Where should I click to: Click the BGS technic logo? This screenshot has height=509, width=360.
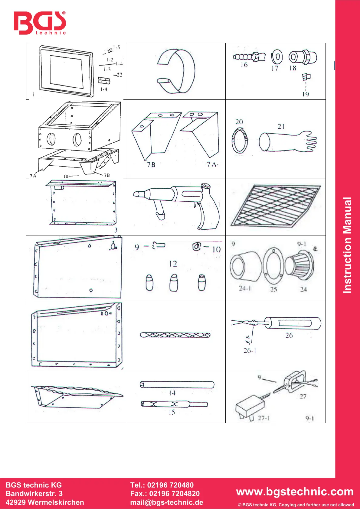40,23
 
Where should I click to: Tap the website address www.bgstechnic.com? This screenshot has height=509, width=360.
295,491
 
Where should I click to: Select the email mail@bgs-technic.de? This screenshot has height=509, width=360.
167,502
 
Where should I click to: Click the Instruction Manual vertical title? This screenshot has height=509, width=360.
348,245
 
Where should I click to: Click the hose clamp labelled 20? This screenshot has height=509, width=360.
240,140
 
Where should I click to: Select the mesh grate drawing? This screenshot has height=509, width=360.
275,206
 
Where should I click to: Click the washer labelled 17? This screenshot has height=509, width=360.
277,57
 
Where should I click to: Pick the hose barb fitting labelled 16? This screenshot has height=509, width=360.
249,57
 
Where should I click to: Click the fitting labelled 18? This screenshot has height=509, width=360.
303,57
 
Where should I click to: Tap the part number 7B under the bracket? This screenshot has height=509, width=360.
151,165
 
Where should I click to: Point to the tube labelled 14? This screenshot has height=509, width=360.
177,384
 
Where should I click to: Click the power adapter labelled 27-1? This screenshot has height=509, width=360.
250,408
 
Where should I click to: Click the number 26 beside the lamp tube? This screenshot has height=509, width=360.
289,335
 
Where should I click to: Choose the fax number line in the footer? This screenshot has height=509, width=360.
165,494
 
